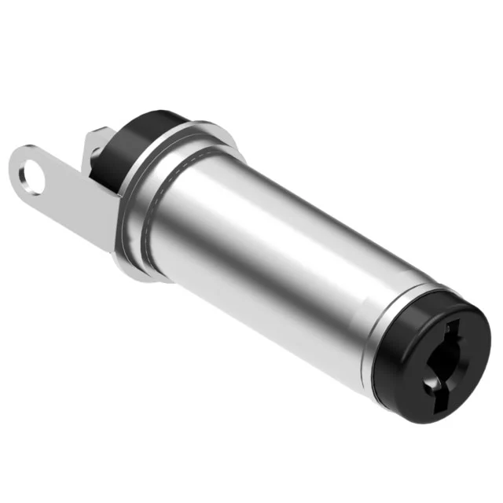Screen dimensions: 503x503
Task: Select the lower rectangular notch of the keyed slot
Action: (431, 384)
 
